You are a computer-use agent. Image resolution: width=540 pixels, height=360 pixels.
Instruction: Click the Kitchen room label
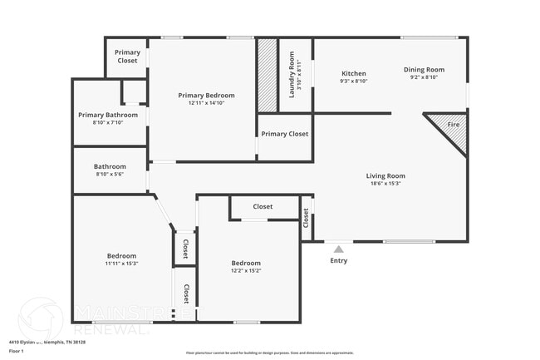click(354, 73)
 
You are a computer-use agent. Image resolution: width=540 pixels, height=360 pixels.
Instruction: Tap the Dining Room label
click(424, 70)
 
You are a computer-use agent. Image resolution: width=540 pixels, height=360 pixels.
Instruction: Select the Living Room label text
click(385, 175)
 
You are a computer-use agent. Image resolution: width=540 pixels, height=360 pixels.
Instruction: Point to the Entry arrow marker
click(338, 249)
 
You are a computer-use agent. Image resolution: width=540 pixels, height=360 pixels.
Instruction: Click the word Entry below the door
click(338, 260)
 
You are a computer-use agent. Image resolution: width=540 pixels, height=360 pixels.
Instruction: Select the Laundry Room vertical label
click(292, 75)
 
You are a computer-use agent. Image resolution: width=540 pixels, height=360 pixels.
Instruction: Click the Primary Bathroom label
click(108, 115)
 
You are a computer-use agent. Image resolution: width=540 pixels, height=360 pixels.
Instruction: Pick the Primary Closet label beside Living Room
click(284, 134)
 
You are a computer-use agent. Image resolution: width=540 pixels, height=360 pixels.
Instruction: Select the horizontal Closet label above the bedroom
click(263, 206)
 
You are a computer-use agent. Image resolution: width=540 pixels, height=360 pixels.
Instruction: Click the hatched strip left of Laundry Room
click(267, 75)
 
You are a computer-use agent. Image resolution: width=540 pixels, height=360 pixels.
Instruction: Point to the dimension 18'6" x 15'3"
click(385, 184)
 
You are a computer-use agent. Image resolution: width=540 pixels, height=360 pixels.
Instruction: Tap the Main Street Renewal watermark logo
click(40, 318)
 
